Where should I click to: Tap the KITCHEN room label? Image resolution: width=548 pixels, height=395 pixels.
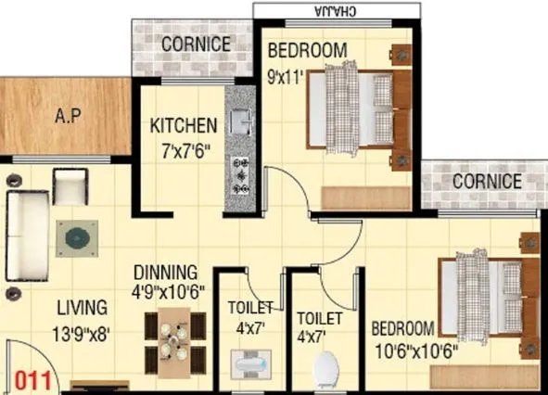click(185, 125)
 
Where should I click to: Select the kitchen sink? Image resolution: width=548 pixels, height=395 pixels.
click(240, 121)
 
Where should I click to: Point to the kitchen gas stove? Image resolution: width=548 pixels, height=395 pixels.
click(241, 174)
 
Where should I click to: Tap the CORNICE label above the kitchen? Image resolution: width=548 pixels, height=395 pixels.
click(196, 44)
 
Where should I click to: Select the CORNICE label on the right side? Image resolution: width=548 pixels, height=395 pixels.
click(487, 182)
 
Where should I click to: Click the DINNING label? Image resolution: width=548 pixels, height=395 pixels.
click(166, 273)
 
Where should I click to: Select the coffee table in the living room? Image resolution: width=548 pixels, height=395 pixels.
click(75, 238)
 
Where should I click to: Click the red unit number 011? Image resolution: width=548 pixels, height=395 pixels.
click(33, 380)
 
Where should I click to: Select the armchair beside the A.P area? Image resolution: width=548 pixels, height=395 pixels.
click(70, 188)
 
